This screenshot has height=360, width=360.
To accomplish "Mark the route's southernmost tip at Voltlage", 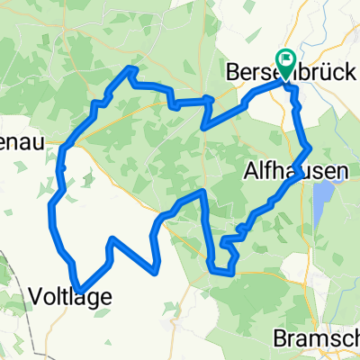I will point(80,290).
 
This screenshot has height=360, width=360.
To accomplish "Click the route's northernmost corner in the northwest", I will point(133,69).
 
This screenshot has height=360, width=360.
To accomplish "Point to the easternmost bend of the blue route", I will point(310,147).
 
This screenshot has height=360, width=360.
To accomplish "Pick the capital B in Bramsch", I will point(281,339).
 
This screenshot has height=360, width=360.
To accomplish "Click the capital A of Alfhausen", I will point(249,168).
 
